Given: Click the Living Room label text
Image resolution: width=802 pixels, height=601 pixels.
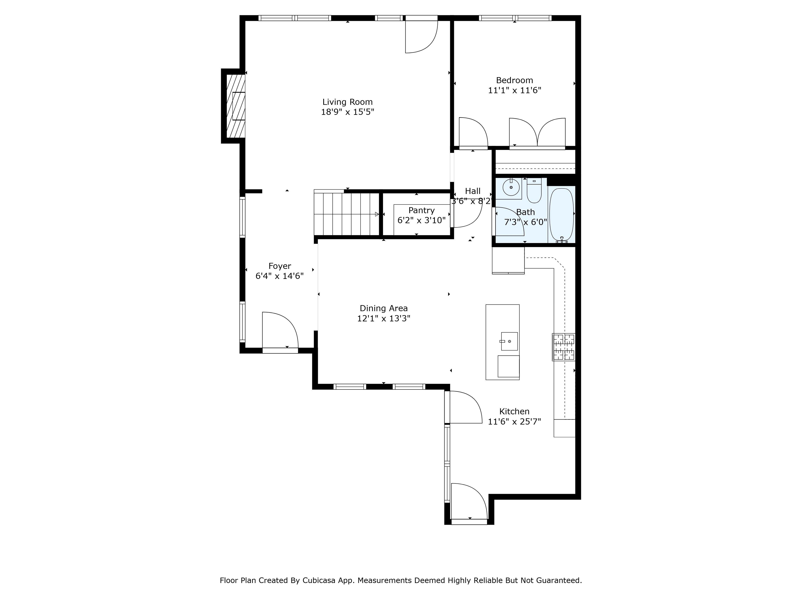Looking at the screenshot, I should (x=347, y=102).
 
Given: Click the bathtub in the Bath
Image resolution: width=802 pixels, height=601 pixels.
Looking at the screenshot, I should (x=561, y=215).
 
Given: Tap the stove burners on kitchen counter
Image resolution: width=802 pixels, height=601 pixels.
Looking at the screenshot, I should (x=563, y=347).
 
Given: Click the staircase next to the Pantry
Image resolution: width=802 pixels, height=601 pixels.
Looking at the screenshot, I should (x=346, y=214).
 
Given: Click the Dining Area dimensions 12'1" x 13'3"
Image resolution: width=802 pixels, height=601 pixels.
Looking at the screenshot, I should (x=383, y=318).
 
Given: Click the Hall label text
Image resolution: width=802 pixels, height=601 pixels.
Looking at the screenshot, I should (x=473, y=191).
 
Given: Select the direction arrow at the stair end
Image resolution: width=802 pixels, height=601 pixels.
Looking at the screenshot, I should (x=377, y=214).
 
